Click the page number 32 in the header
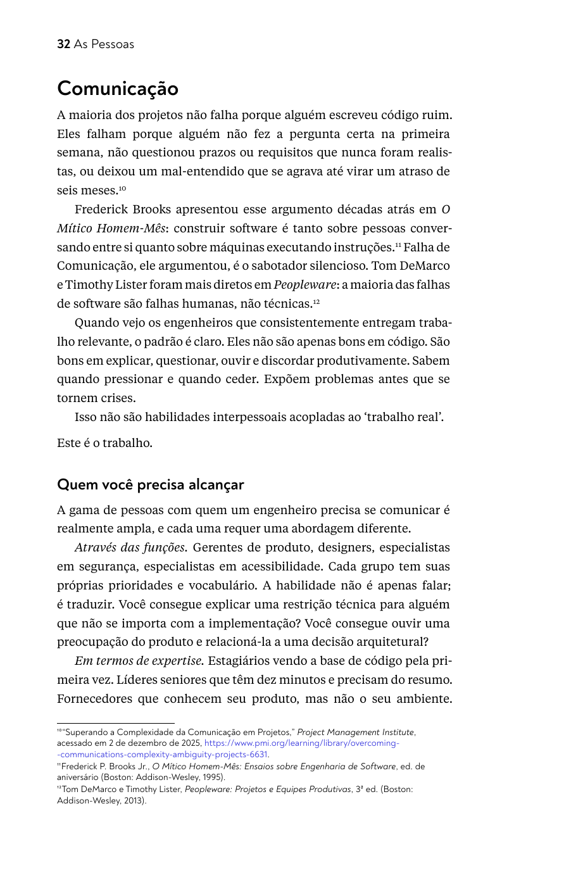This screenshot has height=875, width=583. point(63,44)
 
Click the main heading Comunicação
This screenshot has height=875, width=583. point(118,89)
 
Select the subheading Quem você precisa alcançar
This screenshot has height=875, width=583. point(150,485)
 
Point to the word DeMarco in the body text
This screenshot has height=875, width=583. point(423,266)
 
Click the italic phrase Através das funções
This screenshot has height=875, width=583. point(130,548)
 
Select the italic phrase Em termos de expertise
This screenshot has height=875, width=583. point(139,661)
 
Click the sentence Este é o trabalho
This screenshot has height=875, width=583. point(104,443)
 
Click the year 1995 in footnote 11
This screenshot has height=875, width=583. point(213,777)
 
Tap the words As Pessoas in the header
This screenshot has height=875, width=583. point(104,44)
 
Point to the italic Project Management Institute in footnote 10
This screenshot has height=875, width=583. point(355,733)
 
